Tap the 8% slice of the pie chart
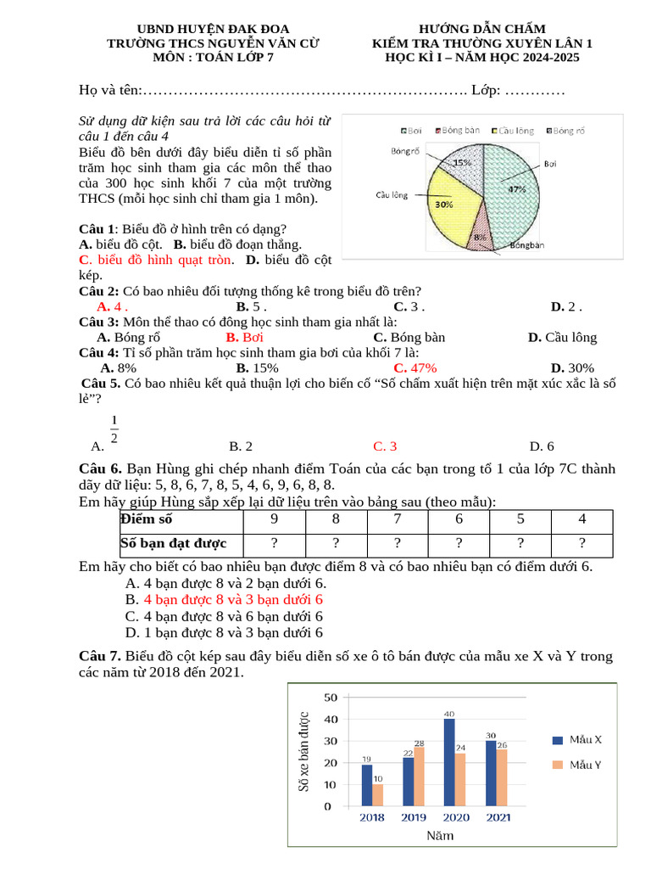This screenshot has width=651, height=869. [x=480, y=238]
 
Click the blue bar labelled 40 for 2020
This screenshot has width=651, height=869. [x=449, y=762]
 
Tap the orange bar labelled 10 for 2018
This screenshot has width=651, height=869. [x=377, y=794]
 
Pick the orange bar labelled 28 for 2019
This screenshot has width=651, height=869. [x=419, y=776]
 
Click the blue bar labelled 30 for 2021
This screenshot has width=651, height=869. [x=491, y=773]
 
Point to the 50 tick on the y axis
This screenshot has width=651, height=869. [x=330, y=698]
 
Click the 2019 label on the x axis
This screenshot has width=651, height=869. [x=413, y=817]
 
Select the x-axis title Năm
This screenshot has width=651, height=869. [x=439, y=836]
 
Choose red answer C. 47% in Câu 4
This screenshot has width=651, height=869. [x=415, y=368]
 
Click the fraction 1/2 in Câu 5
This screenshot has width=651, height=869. [x=114, y=429]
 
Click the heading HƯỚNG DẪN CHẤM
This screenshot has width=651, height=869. [x=482, y=30]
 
